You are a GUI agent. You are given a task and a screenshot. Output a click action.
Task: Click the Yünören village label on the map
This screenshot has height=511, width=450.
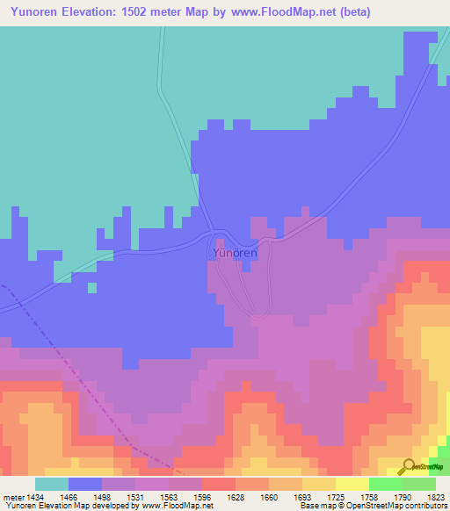[x=235, y=253]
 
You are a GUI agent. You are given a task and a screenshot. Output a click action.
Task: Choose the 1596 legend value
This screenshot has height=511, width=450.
[x=202, y=496]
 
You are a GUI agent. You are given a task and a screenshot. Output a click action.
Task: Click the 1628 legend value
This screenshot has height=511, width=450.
[x=235, y=496]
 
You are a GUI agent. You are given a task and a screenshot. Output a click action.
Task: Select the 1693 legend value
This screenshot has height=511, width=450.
[x=301, y=496]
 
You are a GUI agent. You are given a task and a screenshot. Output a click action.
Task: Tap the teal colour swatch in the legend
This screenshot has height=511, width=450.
[x=51, y=484]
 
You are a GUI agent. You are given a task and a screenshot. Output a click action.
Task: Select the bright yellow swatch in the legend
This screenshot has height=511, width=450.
[x=352, y=484]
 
